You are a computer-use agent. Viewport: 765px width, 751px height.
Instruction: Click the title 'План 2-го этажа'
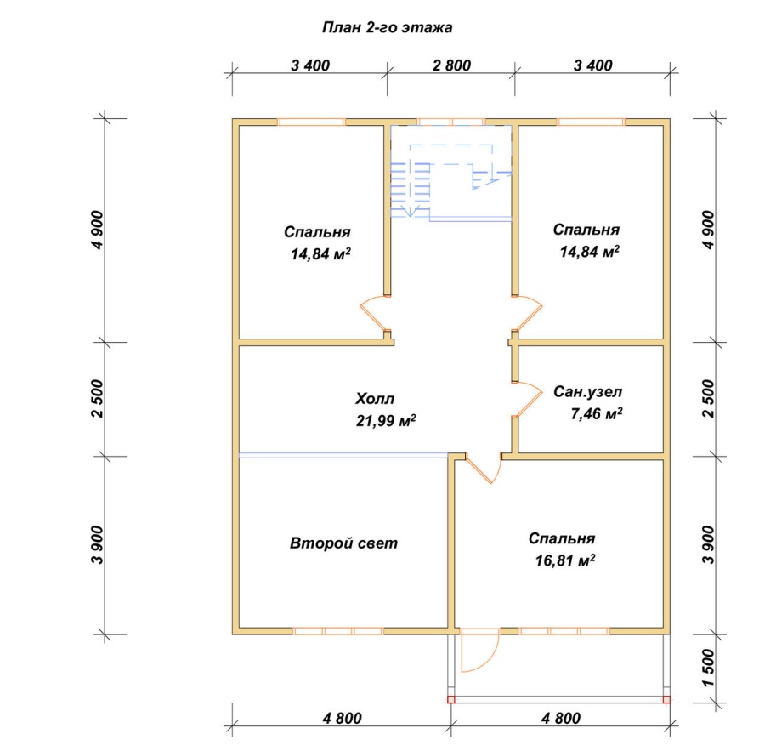(x=387, y=28)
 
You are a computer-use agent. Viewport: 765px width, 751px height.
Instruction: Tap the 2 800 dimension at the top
(x=452, y=65)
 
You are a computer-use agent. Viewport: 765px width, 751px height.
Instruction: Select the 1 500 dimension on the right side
(x=709, y=668)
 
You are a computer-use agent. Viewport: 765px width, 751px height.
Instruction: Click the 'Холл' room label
(x=375, y=399)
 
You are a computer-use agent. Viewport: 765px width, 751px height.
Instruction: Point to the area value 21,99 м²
(x=386, y=420)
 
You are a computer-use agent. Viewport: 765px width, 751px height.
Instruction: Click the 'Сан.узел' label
(x=588, y=391)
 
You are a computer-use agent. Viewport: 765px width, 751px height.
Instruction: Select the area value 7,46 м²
(x=596, y=414)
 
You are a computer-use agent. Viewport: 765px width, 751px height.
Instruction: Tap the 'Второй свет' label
(x=344, y=543)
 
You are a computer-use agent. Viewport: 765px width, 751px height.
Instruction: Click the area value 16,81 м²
(x=565, y=560)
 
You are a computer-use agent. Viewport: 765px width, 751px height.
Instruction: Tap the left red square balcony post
(x=450, y=700)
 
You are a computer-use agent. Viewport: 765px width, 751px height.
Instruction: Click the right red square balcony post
(x=666, y=700)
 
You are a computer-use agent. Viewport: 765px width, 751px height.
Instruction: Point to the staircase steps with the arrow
(x=411, y=190)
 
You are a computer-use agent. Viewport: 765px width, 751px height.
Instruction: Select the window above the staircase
(x=450, y=122)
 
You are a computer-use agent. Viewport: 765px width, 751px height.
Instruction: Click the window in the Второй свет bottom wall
(x=338, y=631)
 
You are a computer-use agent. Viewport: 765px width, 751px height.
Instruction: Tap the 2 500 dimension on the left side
(x=98, y=399)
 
